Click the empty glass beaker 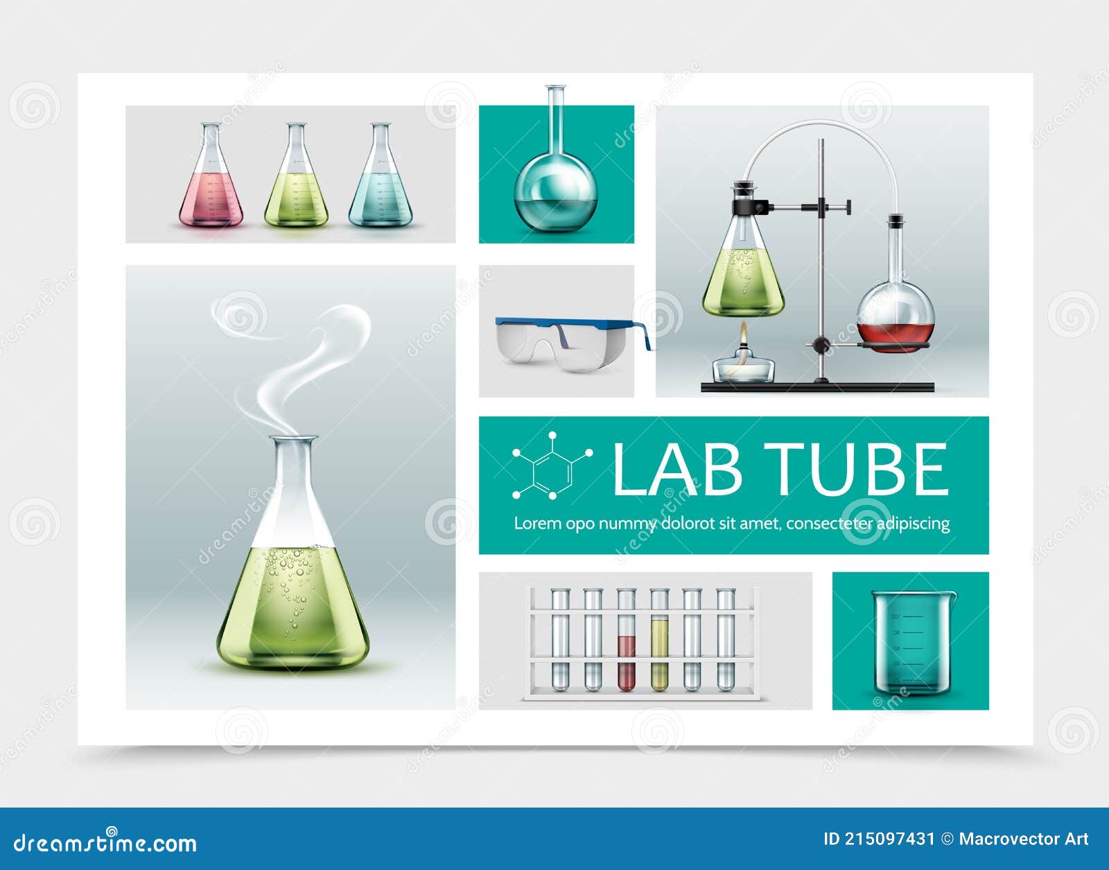click(914, 642)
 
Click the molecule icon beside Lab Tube click(552, 466)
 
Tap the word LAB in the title click(676, 470)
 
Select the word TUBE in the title click(859, 470)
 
